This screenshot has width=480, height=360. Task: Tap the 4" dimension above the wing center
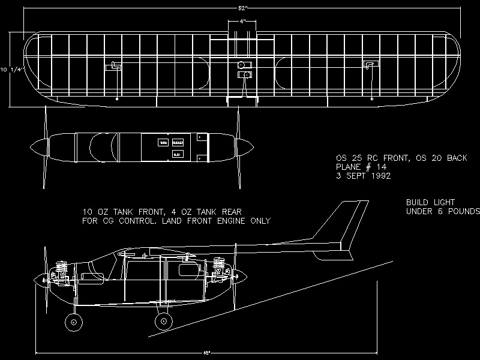(x=242, y=21)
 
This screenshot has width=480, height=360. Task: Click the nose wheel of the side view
(x=74, y=322)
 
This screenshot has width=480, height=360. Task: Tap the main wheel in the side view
(x=161, y=322)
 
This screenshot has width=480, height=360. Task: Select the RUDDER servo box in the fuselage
(x=178, y=143)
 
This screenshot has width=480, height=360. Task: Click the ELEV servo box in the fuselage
(x=177, y=154)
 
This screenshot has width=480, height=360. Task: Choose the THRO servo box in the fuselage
(x=163, y=143)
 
